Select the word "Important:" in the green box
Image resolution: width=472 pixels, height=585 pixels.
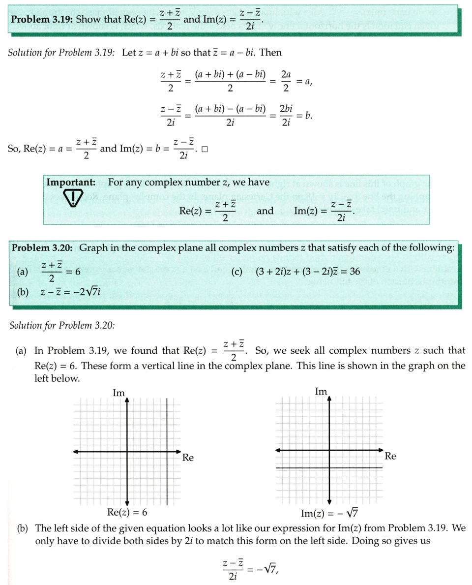[71, 183]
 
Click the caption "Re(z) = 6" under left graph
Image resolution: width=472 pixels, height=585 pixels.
[127, 512]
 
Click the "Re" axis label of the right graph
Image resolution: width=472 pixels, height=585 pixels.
[390, 456]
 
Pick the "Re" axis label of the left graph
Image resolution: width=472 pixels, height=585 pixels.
[188, 458]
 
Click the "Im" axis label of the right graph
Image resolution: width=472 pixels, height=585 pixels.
[321, 391]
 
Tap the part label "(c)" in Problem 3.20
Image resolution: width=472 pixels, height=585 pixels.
[236, 271]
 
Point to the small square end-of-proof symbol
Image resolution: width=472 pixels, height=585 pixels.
[205, 151]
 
